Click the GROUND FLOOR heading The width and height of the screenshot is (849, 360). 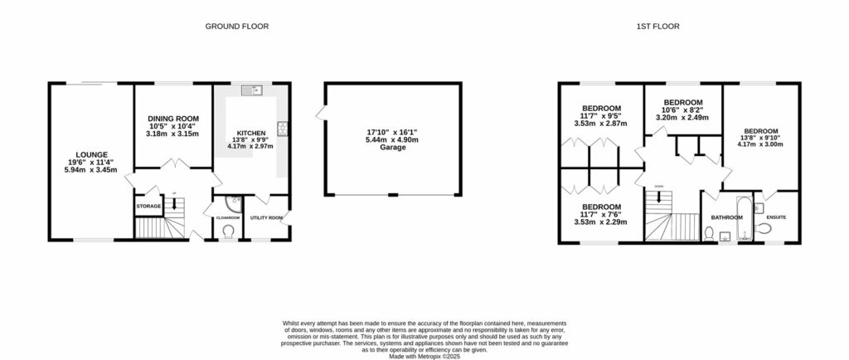coord(237,27)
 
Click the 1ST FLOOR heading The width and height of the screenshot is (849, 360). coord(657,27)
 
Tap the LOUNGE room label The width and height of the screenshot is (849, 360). coord(90,154)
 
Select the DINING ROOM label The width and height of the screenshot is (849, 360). coord(173,118)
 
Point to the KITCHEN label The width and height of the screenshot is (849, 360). coord(251,133)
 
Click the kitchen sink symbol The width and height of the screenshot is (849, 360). coord(252,90)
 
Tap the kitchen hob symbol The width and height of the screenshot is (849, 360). coord(284,128)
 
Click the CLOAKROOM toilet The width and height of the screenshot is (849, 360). coord(228,231)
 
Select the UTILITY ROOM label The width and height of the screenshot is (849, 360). coord(267,217)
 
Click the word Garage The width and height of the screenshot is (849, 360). coord(392,148)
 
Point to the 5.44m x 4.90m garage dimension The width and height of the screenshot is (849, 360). coord(392,139)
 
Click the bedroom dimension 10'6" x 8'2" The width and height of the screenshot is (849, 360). coord(682,109)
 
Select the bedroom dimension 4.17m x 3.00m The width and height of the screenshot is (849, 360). coord(760,145)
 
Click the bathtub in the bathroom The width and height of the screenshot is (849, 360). coord(743,217)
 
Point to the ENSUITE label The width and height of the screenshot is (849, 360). coord(777,217)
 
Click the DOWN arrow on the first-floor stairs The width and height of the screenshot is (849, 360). coord(658,196)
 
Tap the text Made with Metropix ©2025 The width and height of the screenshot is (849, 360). coord(424,356)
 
